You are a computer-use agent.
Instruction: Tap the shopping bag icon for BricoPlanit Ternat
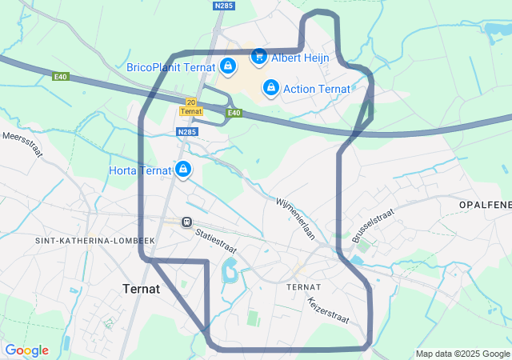228,66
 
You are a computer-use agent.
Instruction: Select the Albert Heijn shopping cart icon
258,56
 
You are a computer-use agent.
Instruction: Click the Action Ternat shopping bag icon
271,86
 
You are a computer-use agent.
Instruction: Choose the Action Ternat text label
317,87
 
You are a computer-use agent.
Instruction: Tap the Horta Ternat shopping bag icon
183,170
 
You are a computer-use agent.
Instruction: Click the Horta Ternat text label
141,170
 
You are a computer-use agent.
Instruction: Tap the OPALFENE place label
485,206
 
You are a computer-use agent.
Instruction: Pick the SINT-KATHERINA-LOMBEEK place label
94,240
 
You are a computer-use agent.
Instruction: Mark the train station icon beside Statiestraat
186,222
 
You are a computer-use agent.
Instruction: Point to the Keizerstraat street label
329,310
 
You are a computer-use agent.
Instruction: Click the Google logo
26,350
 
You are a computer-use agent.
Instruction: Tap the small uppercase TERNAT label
303,286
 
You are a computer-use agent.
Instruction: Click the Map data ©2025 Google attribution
462,354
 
